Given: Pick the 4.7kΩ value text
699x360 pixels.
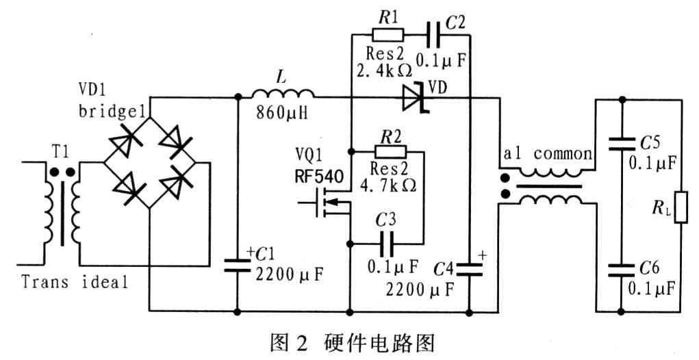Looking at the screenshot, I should pos(390,184).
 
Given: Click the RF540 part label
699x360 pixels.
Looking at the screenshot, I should pos(314,174).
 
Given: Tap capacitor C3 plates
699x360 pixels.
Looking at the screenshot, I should pos(388,242).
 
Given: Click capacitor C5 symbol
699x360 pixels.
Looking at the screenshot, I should pos(621,144).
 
